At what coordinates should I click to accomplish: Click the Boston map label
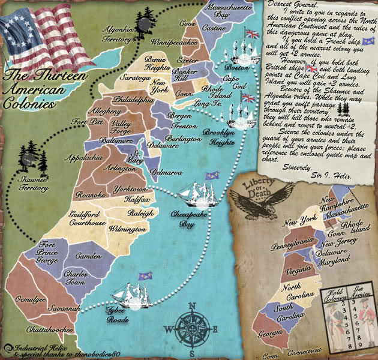(x=237, y=68)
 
